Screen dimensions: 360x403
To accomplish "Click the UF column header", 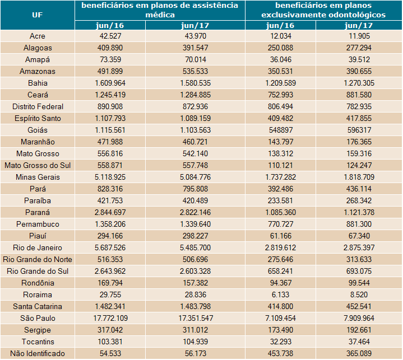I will click(x=37, y=15).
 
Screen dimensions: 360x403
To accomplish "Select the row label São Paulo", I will click(x=37, y=318).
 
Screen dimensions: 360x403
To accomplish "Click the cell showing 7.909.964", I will click(x=359, y=318).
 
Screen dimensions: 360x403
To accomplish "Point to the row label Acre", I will click(x=37, y=36).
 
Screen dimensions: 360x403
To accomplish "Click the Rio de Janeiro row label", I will click(x=37, y=247).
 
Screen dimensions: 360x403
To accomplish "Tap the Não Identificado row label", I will click(x=37, y=353).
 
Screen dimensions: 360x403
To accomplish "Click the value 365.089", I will click(x=359, y=353).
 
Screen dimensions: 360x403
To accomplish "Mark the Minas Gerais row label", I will click(x=37, y=177).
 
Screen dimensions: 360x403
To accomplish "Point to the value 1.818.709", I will click(x=359, y=177).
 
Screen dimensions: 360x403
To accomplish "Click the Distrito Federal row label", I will click(x=37, y=106).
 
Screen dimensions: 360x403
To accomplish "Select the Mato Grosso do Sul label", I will click(x=37, y=165).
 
